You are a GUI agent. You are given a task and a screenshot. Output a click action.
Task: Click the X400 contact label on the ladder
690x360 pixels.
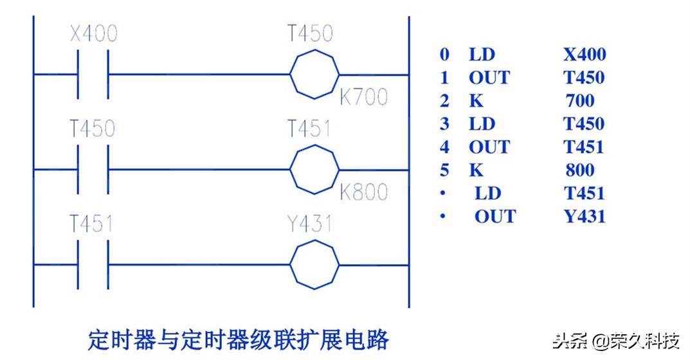pyautogui.click(x=94, y=33)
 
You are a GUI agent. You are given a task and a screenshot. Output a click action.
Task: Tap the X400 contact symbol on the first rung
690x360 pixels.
pyautogui.click(x=94, y=75)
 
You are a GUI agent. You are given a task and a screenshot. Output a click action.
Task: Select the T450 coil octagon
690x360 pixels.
pyautogui.click(x=314, y=75)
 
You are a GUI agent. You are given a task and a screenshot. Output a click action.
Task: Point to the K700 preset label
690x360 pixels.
pyautogui.click(x=363, y=97)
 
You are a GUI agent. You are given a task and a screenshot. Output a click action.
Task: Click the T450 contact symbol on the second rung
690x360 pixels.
pyautogui.click(x=94, y=170)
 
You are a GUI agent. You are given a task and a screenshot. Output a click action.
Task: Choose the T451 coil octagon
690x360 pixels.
pyautogui.click(x=314, y=170)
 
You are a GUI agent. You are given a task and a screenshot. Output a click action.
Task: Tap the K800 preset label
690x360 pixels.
pyautogui.click(x=363, y=192)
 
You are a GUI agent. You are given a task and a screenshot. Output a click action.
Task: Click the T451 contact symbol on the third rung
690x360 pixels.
pyautogui.click(x=94, y=264)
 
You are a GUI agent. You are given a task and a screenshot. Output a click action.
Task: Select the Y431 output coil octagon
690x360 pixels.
pyautogui.click(x=314, y=264)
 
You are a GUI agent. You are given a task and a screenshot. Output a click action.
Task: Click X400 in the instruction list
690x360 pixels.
pyautogui.click(x=585, y=55)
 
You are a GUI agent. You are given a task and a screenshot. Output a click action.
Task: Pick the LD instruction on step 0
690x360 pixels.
pyautogui.click(x=482, y=55)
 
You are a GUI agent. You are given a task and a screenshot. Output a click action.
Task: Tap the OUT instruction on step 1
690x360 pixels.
pyautogui.click(x=489, y=78)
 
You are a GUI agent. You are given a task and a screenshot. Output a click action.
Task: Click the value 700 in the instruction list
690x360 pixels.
pyautogui.click(x=580, y=101)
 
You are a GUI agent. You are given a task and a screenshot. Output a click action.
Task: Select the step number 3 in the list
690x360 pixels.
pyautogui.click(x=444, y=124)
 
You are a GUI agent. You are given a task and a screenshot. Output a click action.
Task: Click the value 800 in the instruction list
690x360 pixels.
pyautogui.click(x=580, y=170)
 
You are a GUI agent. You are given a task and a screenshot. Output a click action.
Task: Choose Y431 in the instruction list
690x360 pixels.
pyautogui.click(x=585, y=216)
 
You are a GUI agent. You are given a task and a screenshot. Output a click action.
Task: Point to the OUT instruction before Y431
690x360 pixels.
pyautogui.click(x=495, y=216)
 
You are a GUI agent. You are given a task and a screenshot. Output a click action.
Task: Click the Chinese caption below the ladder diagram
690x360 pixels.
pyautogui.click(x=239, y=339)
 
